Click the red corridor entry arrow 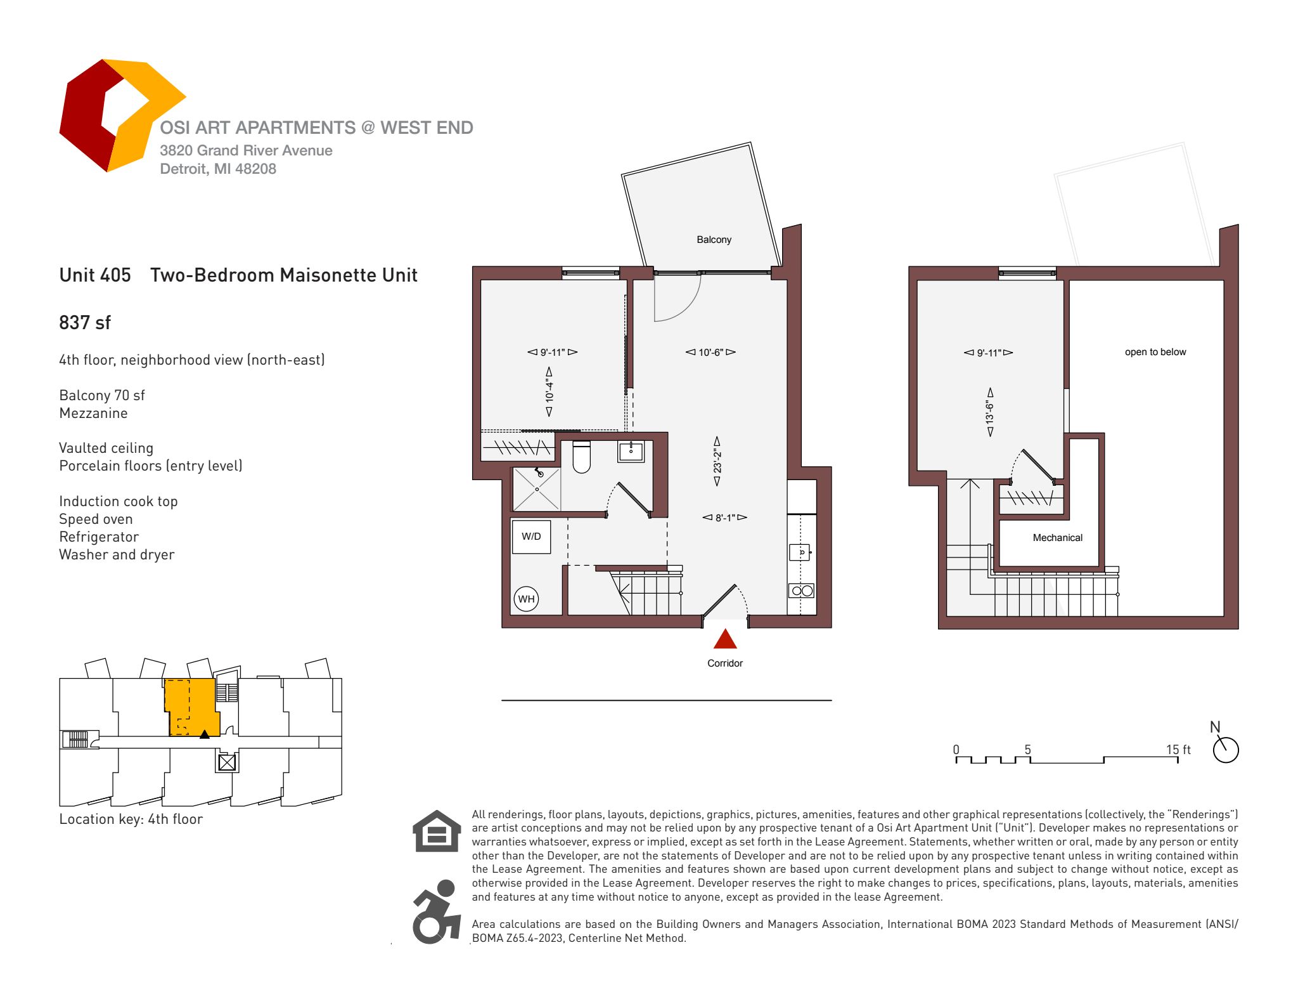tap(725, 639)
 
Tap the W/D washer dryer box tap(531, 537)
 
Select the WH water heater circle tap(526, 599)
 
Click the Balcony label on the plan tap(714, 240)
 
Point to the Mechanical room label tap(1057, 538)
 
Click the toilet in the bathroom tap(581, 457)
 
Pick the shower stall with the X tap(536, 489)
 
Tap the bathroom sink tap(631, 452)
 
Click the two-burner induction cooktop tap(802, 591)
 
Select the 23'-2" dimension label tap(717, 461)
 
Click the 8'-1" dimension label tap(724, 518)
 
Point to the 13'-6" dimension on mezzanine tap(990, 412)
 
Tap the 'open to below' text tap(1155, 352)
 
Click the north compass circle tap(1226, 750)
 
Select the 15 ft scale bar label tap(1178, 750)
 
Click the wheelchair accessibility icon tap(436, 911)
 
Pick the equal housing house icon tap(437, 831)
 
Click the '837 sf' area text tap(85, 323)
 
